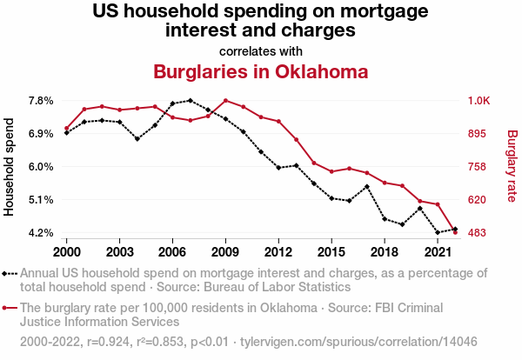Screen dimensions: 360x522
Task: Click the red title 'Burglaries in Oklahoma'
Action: coord(260,71)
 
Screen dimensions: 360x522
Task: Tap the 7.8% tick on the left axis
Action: coord(43,101)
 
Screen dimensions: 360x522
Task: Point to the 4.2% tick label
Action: coord(43,233)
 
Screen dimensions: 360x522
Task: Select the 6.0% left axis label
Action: coord(43,167)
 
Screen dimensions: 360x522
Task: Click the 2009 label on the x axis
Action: coord(225,251)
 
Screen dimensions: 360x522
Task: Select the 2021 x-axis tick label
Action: coord(438,251)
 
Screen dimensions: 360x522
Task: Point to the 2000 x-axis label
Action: coord(66,251)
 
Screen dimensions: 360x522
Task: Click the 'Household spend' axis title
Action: coord(10,167)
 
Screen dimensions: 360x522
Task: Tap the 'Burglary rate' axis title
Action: coord(512,167)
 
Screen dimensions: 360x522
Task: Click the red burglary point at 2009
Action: coord(225,101)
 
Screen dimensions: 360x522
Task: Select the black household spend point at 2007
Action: coord(191,101)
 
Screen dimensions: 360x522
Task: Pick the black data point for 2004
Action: coord(137,138)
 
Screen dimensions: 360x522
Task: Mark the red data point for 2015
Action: coord(331,171)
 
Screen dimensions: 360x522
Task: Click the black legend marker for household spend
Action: coord(9,273)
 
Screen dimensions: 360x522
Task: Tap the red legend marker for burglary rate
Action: coord(9,308)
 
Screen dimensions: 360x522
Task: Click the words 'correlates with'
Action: coord(260,50)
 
